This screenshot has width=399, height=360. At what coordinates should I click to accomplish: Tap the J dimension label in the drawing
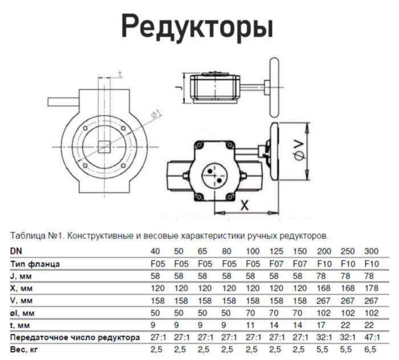tap(177, 88)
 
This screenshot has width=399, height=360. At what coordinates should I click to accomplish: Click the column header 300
tap(371, 252)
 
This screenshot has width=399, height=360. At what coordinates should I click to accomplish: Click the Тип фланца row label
tap(35, 264)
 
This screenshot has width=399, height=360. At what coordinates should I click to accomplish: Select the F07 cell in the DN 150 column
tap(299, 264)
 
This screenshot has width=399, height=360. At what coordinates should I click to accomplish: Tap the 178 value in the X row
tap(371, 288)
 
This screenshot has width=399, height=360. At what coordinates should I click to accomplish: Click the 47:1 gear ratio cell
tap(371, 337)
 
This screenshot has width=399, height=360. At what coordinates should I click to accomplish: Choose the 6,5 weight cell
tap(371, 349)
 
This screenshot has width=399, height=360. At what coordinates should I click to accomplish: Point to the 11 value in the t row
tap(251, 324)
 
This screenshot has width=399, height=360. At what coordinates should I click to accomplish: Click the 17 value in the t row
tap(323, 324)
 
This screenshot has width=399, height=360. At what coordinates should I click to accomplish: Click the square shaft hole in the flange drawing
tap(104, 145)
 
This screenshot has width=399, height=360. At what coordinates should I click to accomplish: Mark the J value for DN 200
tap(323, 276)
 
